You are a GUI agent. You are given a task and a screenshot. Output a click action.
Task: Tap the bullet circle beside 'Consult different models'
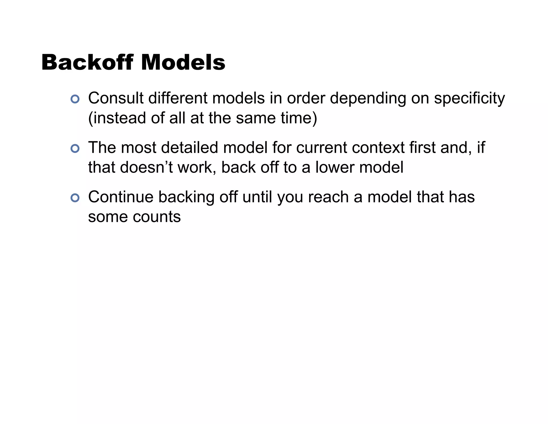click(x=75, y=99)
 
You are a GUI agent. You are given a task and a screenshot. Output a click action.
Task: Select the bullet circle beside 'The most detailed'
click(x=75, y=148)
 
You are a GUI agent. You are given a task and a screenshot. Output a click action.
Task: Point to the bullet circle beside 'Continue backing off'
click(x=75, y=198)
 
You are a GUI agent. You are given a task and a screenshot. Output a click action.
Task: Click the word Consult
click(x=116, y=98)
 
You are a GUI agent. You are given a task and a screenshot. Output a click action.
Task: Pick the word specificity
click(x=469, y=99)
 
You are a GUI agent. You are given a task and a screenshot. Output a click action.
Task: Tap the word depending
click(x=368, y=99)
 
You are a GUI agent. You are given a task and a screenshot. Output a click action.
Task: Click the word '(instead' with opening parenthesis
click(x=117, y=118)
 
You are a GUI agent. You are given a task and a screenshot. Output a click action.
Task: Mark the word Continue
click(x=121, y=197)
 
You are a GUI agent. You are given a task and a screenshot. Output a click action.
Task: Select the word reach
click(x=328, y=197)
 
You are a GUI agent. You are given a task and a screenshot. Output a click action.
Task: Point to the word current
click(x=321, y=148)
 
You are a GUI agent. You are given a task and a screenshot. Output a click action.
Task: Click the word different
click(x=178, y=98)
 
